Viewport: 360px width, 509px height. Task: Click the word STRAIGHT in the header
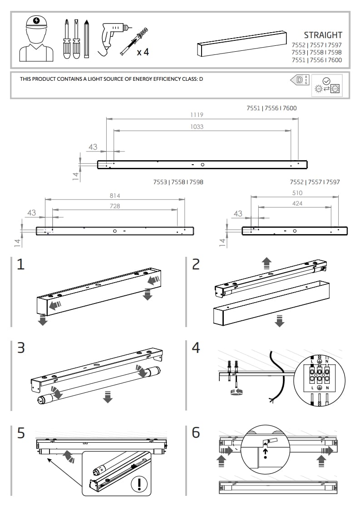coord(323,35)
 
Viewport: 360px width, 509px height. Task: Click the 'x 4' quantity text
coord(143,52)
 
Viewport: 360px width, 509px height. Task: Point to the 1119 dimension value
coord(197,115)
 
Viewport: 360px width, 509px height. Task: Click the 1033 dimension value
coord(197,127)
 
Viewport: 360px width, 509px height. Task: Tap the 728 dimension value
coord(115,206)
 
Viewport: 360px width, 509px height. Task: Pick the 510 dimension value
coord(297,193)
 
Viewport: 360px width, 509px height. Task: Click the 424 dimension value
coord(297,203)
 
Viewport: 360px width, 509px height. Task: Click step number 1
coord(20,264)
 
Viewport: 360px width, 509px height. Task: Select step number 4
coord(196,348)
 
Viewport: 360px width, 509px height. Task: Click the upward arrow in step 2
coord(266,263)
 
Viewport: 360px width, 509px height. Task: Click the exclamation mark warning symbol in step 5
coord(141,485)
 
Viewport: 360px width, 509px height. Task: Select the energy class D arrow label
coord(297,80)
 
